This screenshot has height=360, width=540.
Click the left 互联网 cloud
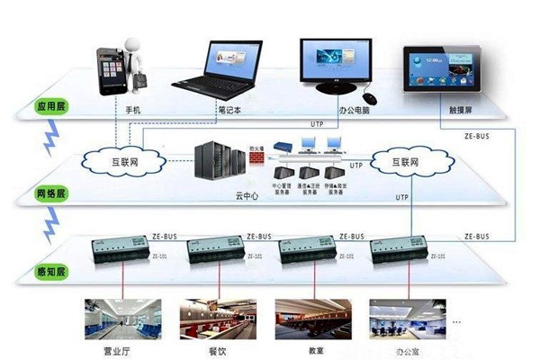(x=126, y=163)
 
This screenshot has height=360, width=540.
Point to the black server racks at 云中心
(x=220, y=162)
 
